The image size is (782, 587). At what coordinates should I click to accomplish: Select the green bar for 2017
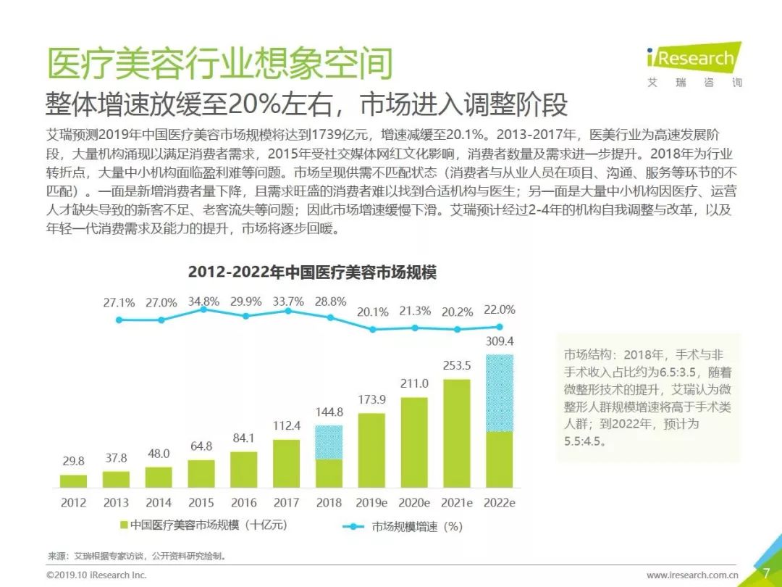pyautogui.click(x=287, y=463)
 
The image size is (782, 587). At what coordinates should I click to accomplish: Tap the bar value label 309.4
pyautogui.click(x=500, y=341)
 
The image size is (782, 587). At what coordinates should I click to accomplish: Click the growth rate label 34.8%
pyautogui.click(x=203, y=301)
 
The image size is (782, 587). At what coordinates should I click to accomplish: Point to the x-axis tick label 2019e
pyautogui.click(x=371, y=502)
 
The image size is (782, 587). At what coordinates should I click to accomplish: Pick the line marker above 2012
pyautogui.click(x=119, y=320)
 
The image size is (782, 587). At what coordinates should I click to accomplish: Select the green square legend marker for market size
pyautogui.click(x=123, y=525)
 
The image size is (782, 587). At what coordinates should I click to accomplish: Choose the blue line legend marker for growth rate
pyautogui.click(x=353, y=527)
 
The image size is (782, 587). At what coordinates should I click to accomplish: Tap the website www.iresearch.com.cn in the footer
pyautogui.click(x=692, y=575)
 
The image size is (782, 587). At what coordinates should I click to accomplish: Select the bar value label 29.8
pyautogui.click(x=73, y=461)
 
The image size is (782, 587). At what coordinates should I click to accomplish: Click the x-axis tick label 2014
pyautogui.click(x=159, y=502)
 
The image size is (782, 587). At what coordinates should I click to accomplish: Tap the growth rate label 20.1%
pyautogui.click(x=373, y=312)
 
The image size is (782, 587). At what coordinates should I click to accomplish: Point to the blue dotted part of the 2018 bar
pyautogui.click(x=329, y=442)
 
